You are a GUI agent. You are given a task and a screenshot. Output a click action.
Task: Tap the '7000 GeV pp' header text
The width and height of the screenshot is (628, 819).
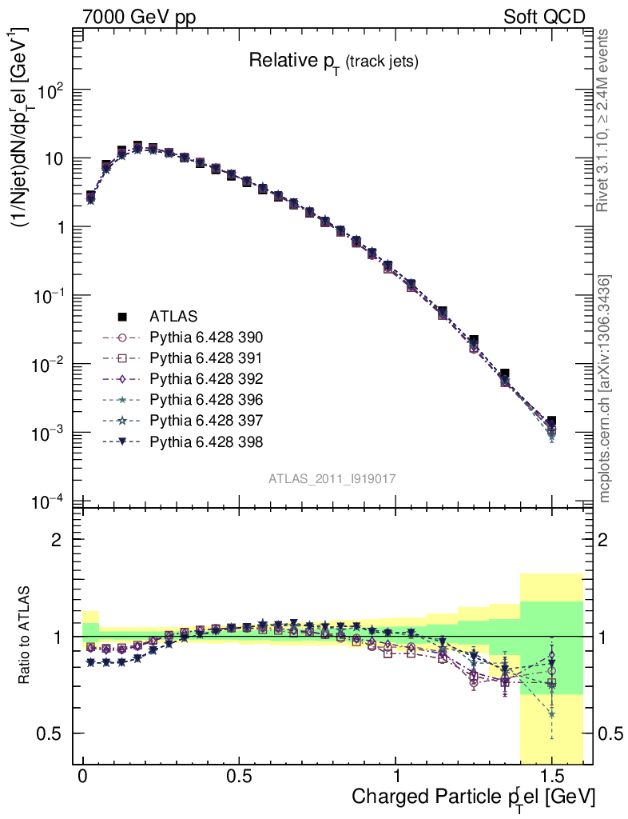coord(139,17)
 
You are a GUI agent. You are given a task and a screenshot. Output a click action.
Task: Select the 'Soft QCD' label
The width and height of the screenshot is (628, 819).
coord(544,17)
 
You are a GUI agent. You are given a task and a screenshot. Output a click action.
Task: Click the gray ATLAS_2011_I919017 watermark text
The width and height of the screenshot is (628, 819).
coord(332,478)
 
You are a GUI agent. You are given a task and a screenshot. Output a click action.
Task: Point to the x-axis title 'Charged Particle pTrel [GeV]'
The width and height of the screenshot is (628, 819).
coord(473,797)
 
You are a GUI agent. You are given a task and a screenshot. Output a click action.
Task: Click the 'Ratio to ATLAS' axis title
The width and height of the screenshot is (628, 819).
coord(25,636)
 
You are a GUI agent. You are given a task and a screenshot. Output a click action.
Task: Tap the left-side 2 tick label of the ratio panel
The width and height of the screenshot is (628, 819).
coord(57,539)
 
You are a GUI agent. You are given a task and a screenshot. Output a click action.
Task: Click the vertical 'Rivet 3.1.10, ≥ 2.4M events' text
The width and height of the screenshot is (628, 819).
coord(604,120)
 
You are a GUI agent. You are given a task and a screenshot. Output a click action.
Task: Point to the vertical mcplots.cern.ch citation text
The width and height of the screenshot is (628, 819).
coord(605,388)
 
